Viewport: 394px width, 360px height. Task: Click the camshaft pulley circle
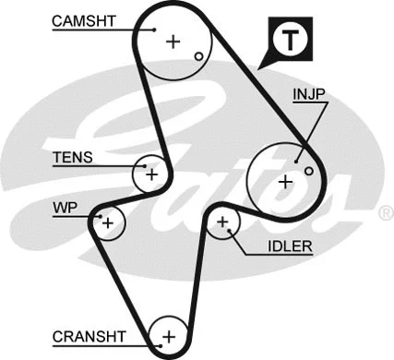coord(172,41)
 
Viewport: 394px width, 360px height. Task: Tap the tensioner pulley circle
coord(151,173)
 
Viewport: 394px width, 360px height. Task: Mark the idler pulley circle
coord(222,222)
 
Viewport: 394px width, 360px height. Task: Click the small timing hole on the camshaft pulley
coord(197,56)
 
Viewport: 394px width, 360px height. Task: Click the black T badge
coord(289,39)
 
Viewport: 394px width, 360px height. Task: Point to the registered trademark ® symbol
coord(386,213)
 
